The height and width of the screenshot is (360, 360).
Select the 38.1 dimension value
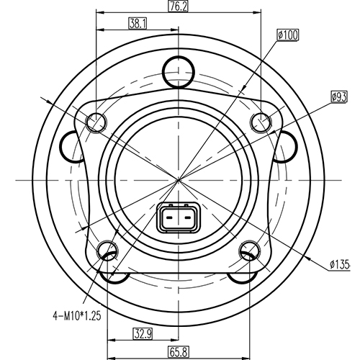(x=137, y=23)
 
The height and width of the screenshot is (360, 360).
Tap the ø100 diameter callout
(x=288, y=34)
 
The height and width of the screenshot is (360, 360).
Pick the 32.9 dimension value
(x=143, y=333)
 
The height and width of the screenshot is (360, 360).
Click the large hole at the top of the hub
(x=179, y=71)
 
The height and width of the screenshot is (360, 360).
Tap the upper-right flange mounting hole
(x=260, y=122)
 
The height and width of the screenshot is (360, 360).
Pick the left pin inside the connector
(x=170, y=217)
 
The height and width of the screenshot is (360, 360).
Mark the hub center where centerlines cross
(x=179, y=177)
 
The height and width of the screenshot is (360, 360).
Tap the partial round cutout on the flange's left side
(x=72, y=148)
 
